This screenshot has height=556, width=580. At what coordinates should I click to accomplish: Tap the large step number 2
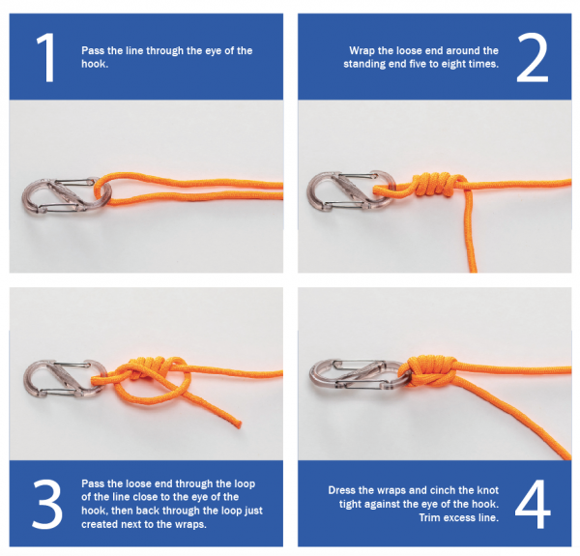(x=532, y=58)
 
